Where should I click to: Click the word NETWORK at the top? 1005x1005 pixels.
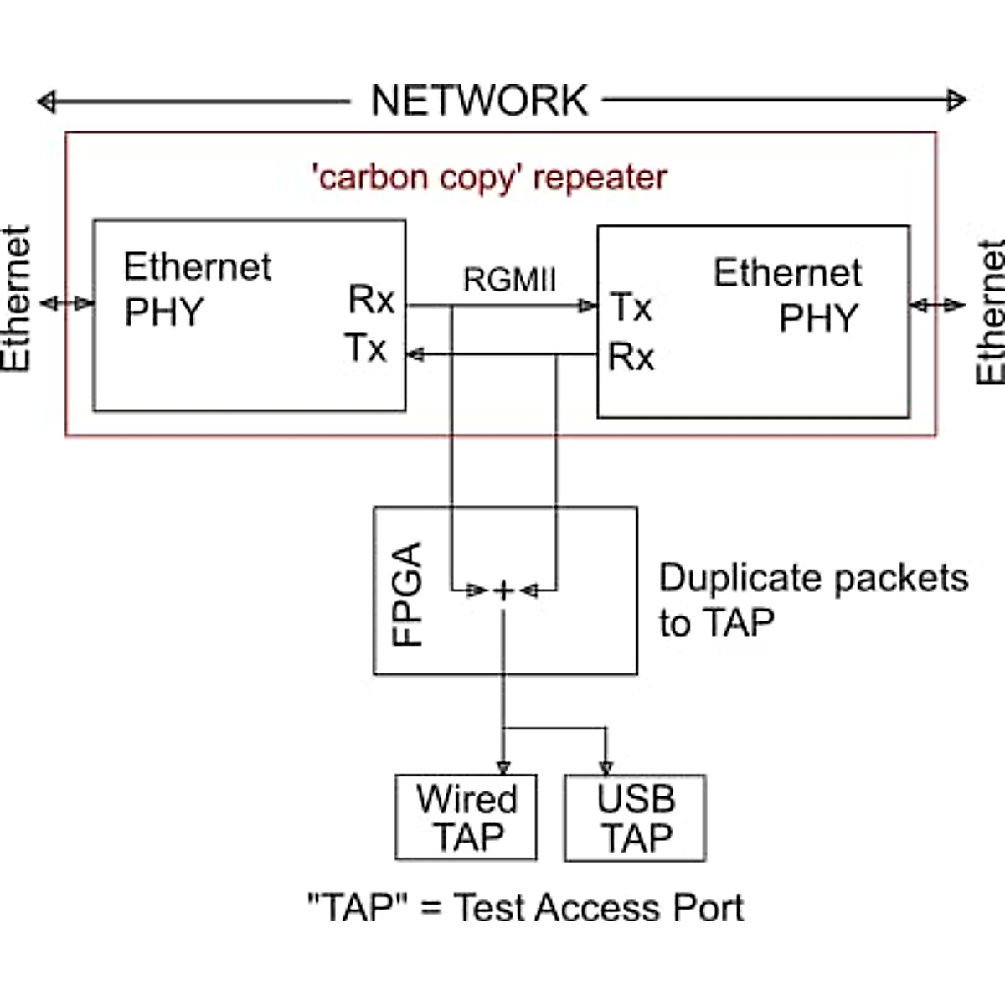point(479,100)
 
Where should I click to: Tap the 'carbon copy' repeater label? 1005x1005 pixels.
point(489,178)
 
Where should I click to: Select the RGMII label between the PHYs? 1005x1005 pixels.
point(509,280)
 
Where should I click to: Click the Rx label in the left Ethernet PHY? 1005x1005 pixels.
point(371,299)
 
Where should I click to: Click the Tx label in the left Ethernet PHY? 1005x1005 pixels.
point(366,348)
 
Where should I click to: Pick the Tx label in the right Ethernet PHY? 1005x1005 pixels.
point(631,307)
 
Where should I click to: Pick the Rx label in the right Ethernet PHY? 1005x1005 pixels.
point(631,357)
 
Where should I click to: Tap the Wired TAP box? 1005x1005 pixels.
point(466,817)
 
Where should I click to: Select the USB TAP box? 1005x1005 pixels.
point(636,817)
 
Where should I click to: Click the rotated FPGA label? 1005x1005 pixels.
point(408,593)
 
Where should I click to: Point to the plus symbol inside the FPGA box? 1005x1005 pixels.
point(503,591)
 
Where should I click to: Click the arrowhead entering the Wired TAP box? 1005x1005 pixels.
point(503,767)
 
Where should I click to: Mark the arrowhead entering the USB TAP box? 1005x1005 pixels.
point(606,767)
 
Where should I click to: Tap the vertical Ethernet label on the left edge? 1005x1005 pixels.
point(16,299)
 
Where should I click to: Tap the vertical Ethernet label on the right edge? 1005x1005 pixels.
point(991,312)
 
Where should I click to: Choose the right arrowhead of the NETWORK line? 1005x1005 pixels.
point(957,100)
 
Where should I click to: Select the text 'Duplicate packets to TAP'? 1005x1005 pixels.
point(812,600)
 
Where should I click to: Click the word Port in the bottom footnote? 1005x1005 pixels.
point(697,908)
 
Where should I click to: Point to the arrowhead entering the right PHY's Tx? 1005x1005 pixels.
point(589,307)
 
